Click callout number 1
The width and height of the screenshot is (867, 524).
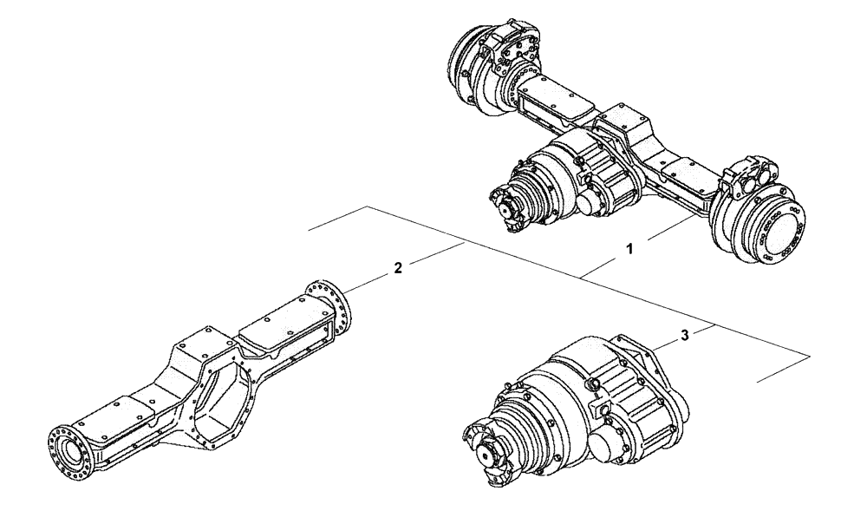(x=629, y=248)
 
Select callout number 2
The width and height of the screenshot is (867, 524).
(x=396, y=268)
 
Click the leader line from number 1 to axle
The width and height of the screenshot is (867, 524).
(x=668, y=233)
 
